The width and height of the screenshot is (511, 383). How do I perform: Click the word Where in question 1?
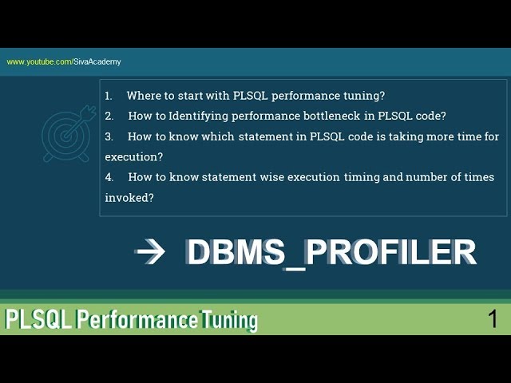coord(142,96)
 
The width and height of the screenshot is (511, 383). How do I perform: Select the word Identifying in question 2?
coord(198,116)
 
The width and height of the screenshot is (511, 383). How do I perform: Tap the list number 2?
coord(109,116)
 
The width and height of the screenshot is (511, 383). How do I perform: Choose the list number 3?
coord(109,136)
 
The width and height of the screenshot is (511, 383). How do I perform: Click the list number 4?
coord(109,177)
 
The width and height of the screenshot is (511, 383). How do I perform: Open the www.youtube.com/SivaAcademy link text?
coord(64,61)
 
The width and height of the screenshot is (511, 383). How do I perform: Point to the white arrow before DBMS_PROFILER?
coord(150,252)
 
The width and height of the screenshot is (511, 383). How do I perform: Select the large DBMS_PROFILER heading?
coord(331,252)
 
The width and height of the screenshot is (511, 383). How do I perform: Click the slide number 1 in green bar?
coord(493,319)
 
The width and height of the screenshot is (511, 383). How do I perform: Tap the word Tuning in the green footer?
coord(230,320)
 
